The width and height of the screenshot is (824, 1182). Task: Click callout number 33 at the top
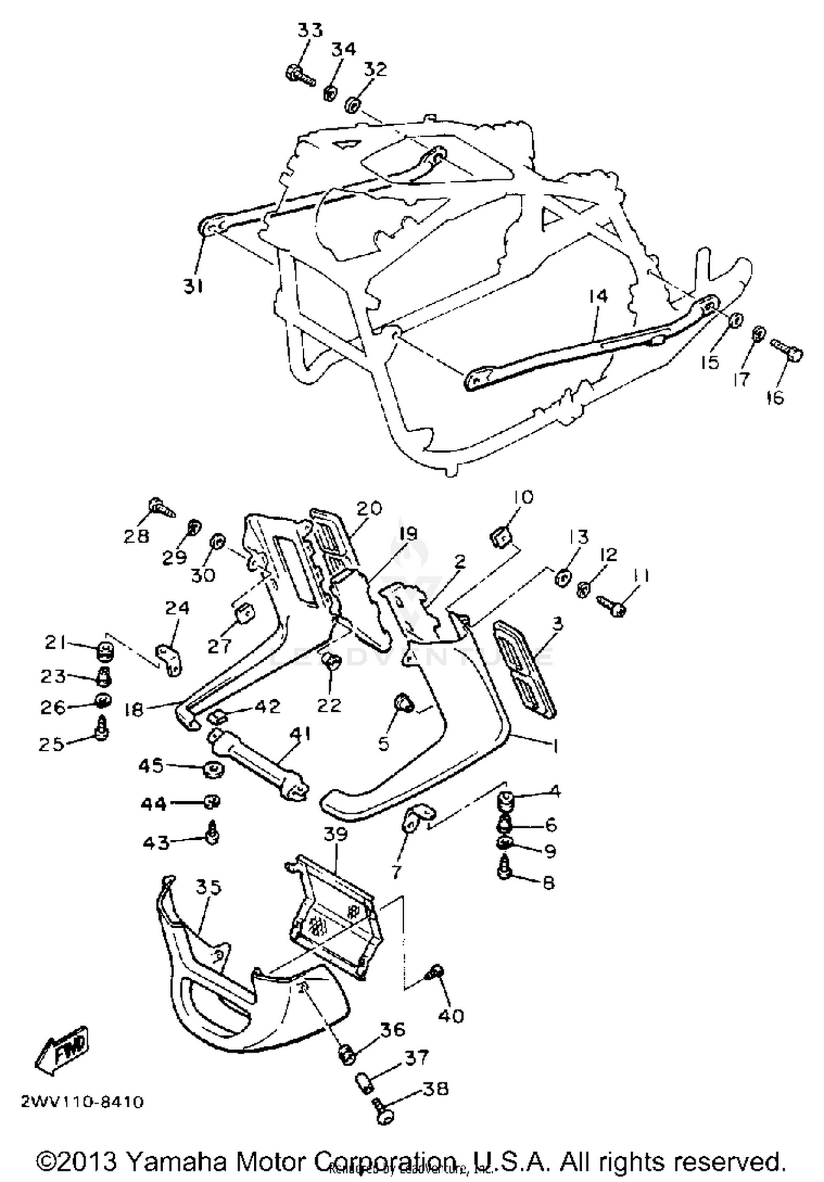pyautogui.click(x=310, y=30)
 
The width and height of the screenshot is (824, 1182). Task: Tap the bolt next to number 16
pyautogui.click(x=787, y=350)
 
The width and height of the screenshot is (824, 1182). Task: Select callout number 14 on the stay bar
pyautogui.click(x=598, y=297)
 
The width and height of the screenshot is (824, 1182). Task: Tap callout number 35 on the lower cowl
pyautogui.click(x=208, y=887)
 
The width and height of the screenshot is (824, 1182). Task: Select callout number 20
pyautogui.click(x=369, y=509)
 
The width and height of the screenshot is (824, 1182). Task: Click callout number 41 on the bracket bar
pyautogui.click(x=300, y=733)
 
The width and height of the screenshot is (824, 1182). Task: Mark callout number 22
pyautogui.click(x=329, y=705)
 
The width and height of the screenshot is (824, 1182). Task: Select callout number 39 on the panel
pyautogui.click(x=336, y=834)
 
